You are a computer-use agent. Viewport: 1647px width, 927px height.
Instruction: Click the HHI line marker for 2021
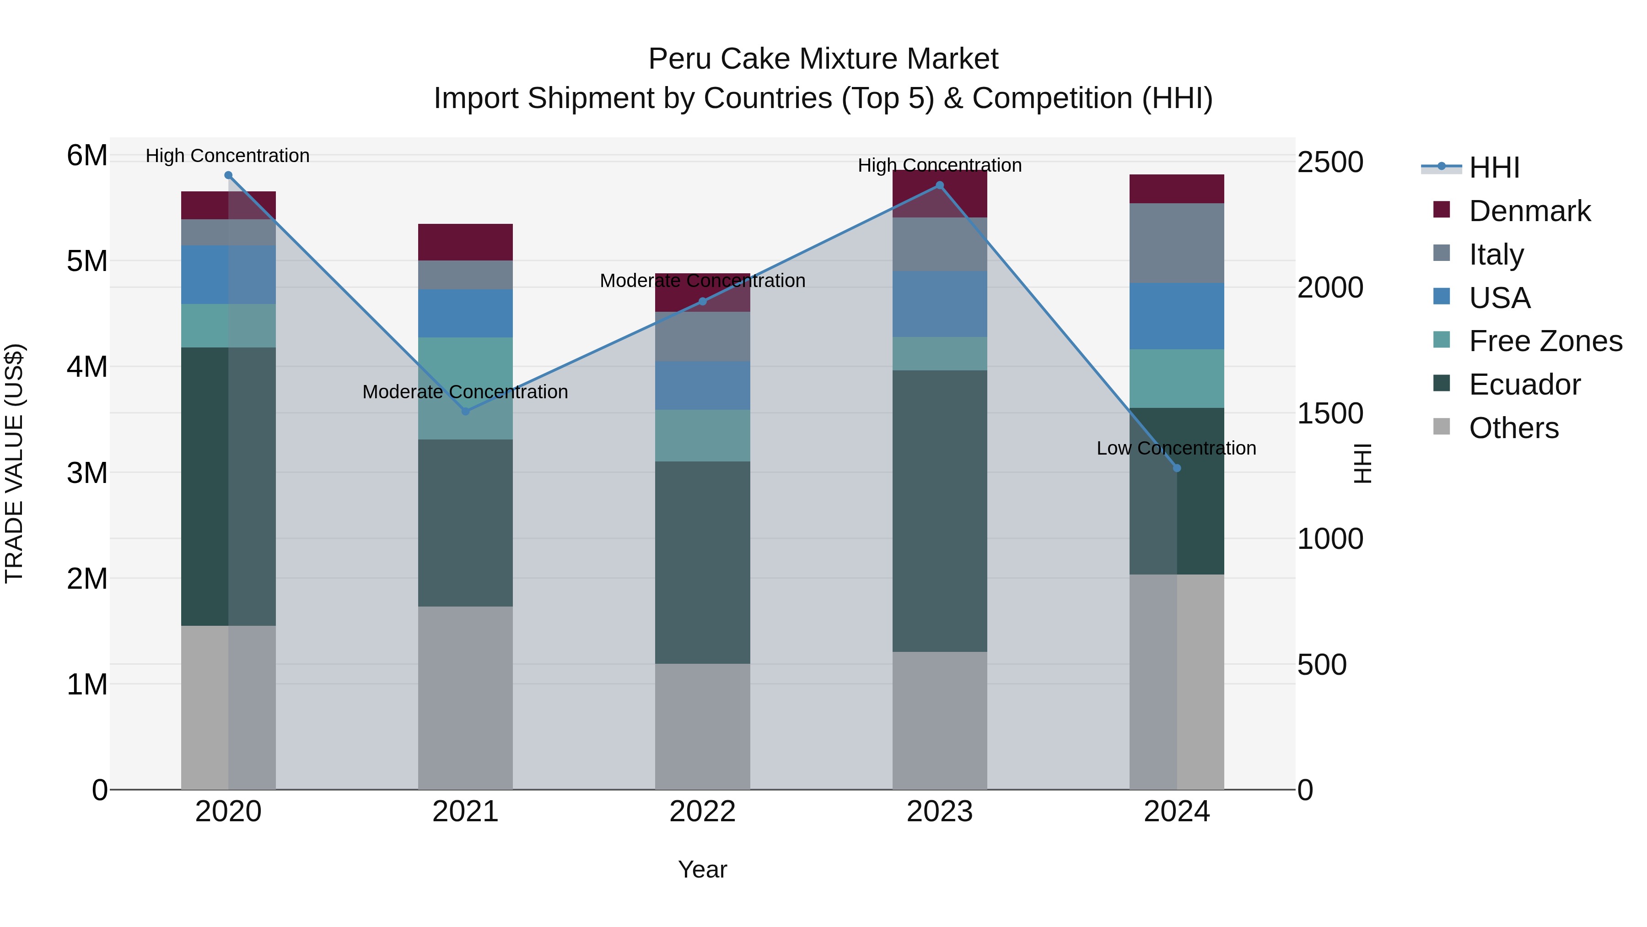click(465, 412)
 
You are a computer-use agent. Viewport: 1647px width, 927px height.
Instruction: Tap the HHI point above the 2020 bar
click(228, 175)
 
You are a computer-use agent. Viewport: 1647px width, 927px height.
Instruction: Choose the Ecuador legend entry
click(1524, 385)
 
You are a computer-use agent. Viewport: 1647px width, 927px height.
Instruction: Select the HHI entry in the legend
click(1494, 168)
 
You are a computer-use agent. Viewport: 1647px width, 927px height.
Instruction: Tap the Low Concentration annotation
click(1176, 449)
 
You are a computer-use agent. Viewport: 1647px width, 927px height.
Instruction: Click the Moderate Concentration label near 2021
click(465, 391)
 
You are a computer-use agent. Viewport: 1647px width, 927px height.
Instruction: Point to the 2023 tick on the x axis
click(939, 812)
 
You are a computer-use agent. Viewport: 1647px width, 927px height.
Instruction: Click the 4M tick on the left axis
click(87, 367)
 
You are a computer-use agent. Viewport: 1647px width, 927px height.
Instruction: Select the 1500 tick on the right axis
click(1330, 413)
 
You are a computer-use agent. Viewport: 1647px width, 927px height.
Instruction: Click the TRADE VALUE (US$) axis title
click(14, 463)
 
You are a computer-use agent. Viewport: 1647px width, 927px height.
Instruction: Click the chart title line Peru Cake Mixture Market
click(823, 59)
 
